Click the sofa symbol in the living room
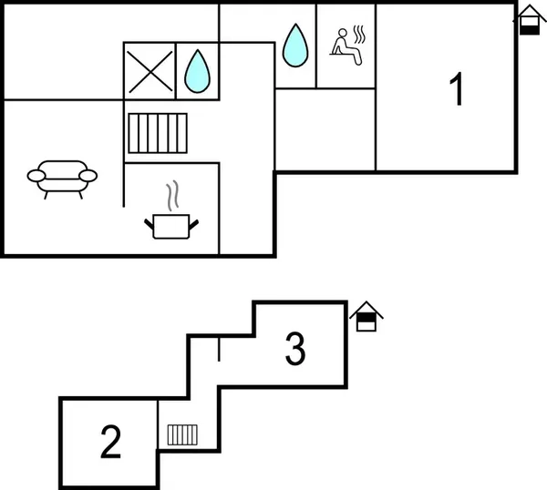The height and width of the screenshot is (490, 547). click(62, 179)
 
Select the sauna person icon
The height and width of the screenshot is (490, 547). click(348, 46)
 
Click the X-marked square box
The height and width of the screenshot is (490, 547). click(150, 71)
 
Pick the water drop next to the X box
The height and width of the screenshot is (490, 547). click(198, 71)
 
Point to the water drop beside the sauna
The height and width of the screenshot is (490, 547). click(295, 46)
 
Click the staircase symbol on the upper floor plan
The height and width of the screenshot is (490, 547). click(158, 133)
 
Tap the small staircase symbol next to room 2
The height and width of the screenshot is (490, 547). click(182, 435)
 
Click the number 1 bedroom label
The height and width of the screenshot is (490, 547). click(457, 88)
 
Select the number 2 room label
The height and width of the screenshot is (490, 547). click(110, 441)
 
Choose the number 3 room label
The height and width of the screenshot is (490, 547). click(295, 348)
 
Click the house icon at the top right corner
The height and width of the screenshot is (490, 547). click(529, 20)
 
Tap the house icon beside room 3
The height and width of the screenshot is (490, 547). click(366, 316)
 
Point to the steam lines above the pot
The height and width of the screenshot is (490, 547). click(172, 196)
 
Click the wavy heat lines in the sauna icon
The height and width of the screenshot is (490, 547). click(360, 34)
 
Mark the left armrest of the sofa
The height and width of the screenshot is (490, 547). click(36, 176)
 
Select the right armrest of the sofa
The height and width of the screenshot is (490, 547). click(88, 176)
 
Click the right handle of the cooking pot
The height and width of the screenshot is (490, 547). click(193, 224)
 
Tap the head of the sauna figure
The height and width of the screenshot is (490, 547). click(343, 33)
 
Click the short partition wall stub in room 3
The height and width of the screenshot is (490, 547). click(219, 349)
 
